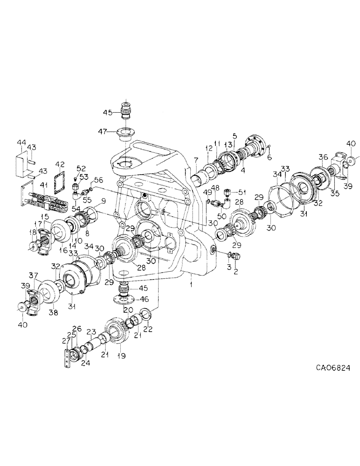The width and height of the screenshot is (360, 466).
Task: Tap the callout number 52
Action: [x=81, y=168]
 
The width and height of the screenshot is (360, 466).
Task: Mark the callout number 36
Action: [x=323, y=156]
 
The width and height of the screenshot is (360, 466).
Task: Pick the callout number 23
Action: [x=93, y=332]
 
